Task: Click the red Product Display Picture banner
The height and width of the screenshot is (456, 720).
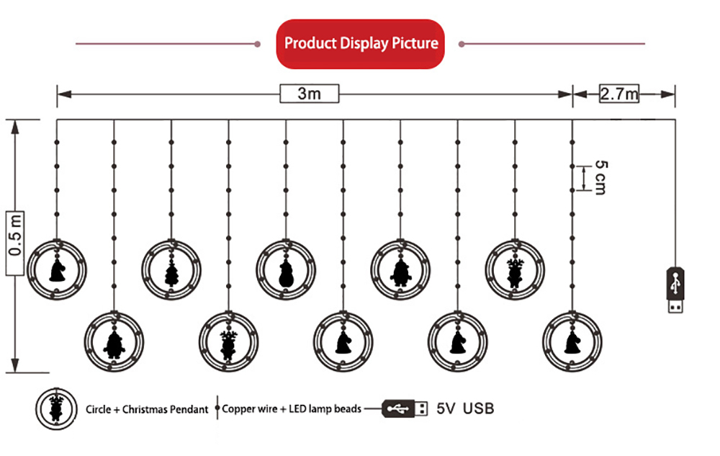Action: (360, 44)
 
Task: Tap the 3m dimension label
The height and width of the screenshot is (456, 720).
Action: (309, 94)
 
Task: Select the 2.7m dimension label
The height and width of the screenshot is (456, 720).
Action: (619, 94)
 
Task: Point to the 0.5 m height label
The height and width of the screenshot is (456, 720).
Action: (14, 243)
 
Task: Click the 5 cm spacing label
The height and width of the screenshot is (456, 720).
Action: (600, 178)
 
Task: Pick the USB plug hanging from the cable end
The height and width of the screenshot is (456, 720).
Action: (675, 290)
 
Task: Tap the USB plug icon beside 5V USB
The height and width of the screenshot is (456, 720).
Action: (405, 408)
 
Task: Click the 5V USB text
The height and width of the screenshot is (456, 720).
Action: (464, 408)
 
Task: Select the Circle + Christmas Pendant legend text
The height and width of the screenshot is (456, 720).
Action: (147, 409)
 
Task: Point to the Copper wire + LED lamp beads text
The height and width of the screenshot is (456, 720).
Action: (292, 408)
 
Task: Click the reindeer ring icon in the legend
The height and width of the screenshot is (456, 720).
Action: (56, 408)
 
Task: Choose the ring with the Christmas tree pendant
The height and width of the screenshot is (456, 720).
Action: (171, 269)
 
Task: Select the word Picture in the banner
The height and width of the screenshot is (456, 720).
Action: (415, 43)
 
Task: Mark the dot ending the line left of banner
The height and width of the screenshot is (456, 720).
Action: (258, 44)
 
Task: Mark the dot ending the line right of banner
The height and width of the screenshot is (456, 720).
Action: (462, 44)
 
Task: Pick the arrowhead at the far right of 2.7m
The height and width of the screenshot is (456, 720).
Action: (668, 94)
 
